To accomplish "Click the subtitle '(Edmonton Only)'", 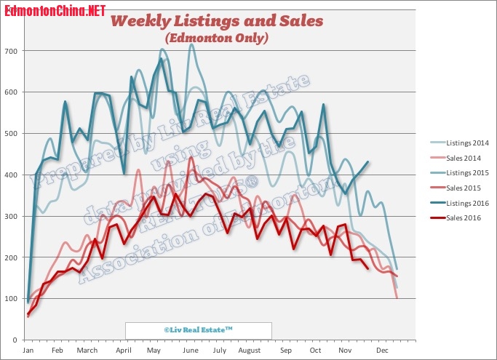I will (216, 37).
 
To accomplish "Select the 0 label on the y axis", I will (15, 340).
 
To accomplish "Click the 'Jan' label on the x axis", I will (28, 351).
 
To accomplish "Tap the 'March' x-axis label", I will (87, 351).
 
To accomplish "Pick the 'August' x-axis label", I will (249, 351).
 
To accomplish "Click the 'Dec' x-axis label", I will (381, 351).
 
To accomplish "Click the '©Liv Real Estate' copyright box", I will (198, 330).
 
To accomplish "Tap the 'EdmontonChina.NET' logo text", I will (55, 10).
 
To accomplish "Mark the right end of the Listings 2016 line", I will (368, 162).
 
